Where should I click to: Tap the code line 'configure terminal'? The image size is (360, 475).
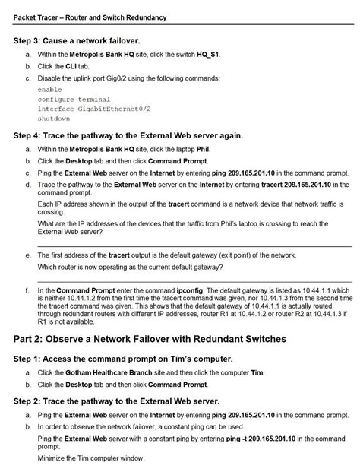pos(74,99)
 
